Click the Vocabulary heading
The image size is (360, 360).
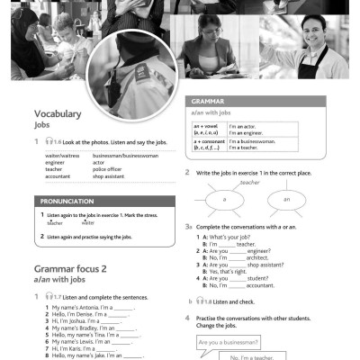coord(58,114)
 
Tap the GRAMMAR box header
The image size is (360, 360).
coord(209,102)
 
